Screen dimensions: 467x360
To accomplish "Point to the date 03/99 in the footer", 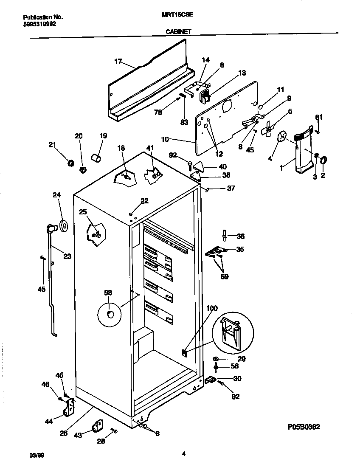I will pos(36,455).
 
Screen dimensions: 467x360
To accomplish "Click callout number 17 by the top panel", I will pos(118,62).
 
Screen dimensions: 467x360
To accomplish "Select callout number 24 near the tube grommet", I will pos(56,195).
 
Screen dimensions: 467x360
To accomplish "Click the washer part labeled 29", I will pos(216,359).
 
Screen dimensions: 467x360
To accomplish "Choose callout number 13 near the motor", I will pos(242,73).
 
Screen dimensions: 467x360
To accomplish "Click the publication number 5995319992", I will pos(39,24).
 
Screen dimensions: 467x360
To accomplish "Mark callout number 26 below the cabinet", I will pos(63,433).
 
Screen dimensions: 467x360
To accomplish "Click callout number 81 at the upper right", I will pos(318,117).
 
